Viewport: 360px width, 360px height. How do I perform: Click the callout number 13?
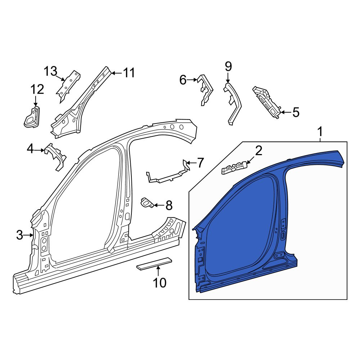[50, 71]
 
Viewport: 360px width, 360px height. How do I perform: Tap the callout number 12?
[37, 89]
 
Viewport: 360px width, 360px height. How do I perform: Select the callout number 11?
[129, 73]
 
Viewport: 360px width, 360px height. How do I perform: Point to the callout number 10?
[159, 283]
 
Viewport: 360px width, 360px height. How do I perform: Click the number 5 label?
[296, 112]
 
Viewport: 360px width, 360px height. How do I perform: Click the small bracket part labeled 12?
[32, 117]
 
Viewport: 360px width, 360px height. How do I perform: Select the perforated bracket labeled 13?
[68, 86]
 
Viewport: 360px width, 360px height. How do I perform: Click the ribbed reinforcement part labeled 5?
[266, 102]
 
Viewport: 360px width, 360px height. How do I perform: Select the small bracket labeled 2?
[234, 167]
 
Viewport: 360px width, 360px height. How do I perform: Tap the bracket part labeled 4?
[55, 157]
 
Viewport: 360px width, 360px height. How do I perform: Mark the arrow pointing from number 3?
[29, 235]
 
